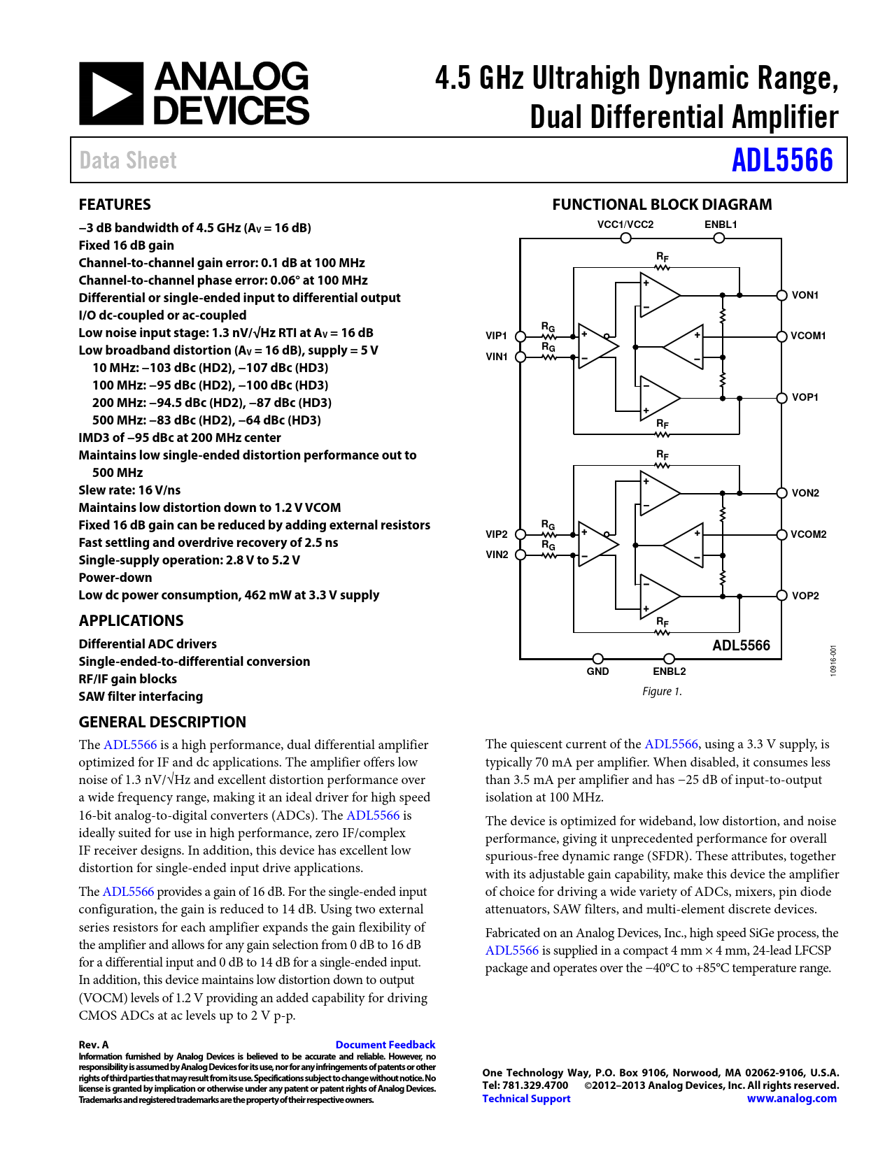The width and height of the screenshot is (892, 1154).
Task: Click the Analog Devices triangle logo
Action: tap(111, 94)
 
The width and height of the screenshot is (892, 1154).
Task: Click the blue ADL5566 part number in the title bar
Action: tap(782, 160)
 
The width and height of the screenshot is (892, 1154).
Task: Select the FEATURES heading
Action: tap(115, 204)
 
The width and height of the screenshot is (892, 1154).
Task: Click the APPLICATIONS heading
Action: tap(131, 620)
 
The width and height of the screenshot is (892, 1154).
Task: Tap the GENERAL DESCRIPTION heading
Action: tap(162, 722)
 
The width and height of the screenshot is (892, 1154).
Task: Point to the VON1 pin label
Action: tap(805, 295)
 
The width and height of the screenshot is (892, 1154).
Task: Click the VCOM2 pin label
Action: tap(808, 534)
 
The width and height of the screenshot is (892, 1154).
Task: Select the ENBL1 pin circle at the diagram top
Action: tap(718, 238)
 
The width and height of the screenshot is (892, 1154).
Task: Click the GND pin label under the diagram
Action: tap(597, 671)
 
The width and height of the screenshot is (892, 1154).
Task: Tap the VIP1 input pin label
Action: tap(496, 336)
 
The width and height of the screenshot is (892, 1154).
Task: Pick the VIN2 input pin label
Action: tap(497, 555)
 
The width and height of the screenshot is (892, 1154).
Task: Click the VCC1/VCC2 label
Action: tap(625, 225)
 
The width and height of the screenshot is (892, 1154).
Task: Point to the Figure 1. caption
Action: tap(662, 692)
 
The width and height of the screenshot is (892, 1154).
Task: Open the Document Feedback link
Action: tap(385, 1044)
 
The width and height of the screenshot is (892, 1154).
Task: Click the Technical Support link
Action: tap(526, 1099)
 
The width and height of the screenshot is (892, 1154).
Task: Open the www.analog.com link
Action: tap(791, 1099)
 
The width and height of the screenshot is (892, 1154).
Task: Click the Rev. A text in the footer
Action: tap(94, 1045)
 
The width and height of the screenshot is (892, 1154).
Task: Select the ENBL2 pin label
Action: tap(670, 671)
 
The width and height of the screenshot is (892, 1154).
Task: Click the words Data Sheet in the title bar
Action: tap(128, 160)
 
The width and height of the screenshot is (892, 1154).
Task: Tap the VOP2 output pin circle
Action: tap(782, 595)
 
